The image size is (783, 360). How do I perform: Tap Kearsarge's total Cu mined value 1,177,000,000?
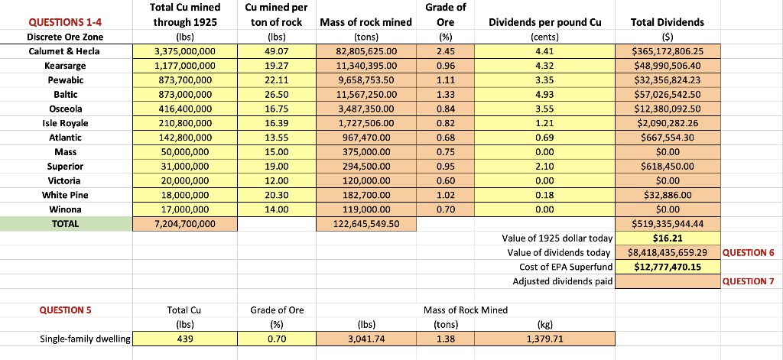[184, 66]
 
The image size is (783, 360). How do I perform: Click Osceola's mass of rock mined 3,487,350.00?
[367, 109]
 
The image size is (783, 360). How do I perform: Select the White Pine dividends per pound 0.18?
[544, 195]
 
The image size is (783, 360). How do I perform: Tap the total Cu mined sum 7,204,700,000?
[184, 223]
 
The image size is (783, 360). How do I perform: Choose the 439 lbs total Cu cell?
[184, 339]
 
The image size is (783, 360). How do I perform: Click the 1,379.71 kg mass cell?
[544, 339]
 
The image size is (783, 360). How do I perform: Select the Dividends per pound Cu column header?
[544, 22]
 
